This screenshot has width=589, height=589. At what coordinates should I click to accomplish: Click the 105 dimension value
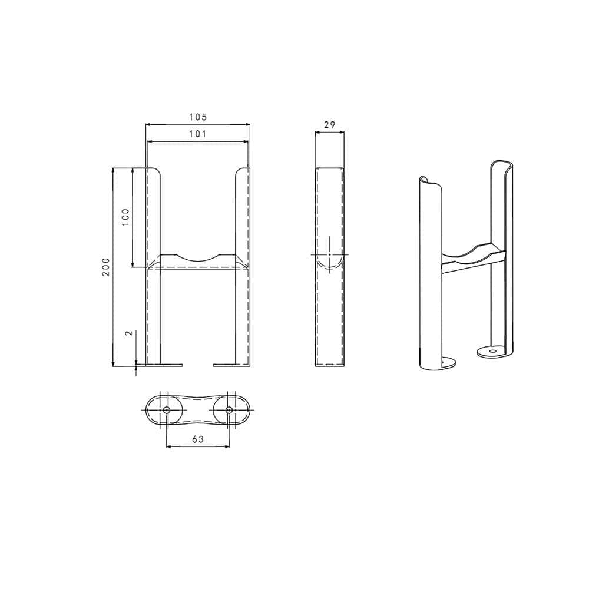coord(198,118)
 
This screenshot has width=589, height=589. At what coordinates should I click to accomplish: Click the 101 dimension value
coord(198,134)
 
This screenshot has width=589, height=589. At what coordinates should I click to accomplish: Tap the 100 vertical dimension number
coord(125,217)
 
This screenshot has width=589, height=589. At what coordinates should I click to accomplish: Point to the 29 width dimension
coord(329,124)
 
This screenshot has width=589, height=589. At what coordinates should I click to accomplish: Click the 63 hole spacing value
coord(198,438)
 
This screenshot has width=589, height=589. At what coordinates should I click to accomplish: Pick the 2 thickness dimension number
coord(129,333)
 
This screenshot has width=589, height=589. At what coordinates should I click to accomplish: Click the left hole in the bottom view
coord(167,409)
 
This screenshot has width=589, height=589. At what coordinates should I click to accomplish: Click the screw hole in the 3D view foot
coord(491,350)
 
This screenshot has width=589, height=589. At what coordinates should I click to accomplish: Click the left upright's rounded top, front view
coord(154,170)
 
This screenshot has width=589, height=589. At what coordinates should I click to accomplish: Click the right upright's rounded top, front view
coord(241,170)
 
